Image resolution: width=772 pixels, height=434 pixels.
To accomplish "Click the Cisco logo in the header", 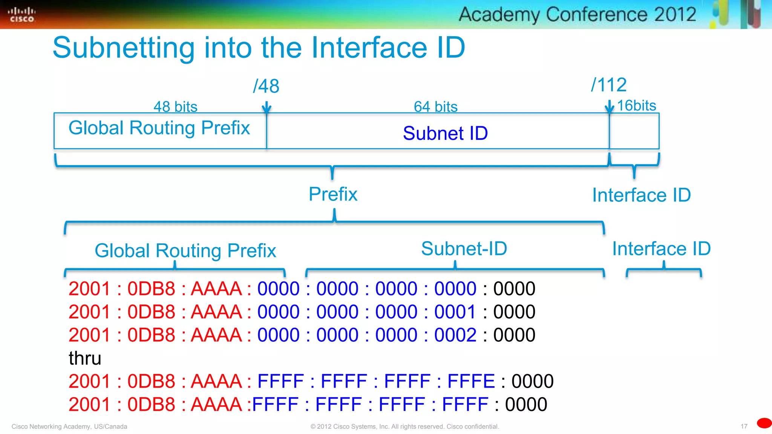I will [x=21, y=15].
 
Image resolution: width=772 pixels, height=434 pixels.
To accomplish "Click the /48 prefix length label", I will [x=266, y=86].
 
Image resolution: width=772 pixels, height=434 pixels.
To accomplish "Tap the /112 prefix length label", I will [x=609, y=85].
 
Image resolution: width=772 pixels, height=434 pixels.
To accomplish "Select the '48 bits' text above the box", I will [x=175, y=107].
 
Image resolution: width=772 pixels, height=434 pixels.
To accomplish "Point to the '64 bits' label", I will [x=435, y=107].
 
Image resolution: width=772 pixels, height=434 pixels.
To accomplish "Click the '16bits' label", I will [x=636, y=105].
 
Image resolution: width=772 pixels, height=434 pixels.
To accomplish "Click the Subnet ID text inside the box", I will [x=445, y=133].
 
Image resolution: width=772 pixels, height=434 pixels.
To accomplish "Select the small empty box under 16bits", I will [x=634, y=131].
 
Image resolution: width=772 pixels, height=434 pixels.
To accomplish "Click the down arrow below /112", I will [x=609, y=107].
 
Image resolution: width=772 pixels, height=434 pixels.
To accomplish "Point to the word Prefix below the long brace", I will [x=333, y=194].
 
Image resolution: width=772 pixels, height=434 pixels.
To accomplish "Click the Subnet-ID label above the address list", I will [x=464, y=249].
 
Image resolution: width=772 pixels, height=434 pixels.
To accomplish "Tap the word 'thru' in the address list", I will [x=85, y=358].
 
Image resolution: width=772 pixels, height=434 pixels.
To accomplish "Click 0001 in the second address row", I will [x=455, y=312].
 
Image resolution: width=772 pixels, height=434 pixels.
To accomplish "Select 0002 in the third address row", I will [x=455, y=335].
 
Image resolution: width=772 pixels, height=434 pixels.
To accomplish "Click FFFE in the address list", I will [x=471, y=381].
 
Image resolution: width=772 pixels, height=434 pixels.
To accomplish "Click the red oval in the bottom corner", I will [x=764, y=423].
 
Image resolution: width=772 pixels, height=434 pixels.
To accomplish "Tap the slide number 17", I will [x=744, y=426].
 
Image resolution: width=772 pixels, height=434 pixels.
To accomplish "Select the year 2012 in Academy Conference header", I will [x=675, y=14].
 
